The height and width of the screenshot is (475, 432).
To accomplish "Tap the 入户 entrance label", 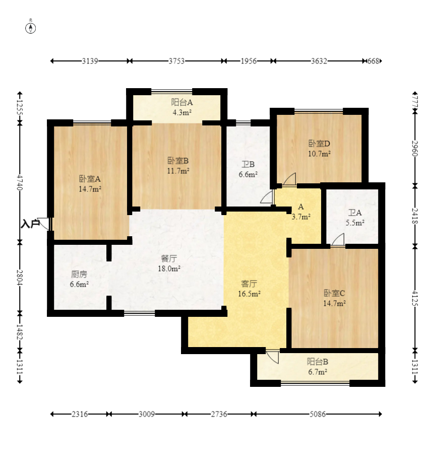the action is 30,224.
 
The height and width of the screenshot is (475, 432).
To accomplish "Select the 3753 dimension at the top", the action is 176,61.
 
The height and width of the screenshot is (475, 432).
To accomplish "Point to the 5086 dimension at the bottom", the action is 318,414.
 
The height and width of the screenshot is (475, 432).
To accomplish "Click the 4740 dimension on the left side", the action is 20,182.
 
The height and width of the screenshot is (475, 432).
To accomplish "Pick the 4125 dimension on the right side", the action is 415,298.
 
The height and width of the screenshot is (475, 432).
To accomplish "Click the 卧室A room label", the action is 90,179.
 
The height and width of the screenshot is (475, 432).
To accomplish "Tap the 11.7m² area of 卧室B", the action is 178,171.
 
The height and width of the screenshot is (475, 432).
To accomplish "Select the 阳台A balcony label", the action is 182,102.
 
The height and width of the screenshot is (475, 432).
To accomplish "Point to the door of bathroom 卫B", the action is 267,197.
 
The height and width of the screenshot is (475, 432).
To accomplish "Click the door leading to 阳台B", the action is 273,357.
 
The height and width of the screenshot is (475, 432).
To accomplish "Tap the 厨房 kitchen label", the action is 79,274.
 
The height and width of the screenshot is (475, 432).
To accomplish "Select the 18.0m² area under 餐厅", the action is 169,268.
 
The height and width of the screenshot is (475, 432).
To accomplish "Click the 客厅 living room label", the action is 249,284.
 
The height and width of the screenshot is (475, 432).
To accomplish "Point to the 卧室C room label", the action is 334,293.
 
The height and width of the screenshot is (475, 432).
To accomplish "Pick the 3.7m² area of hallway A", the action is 301,217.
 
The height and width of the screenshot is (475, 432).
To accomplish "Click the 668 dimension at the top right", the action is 373,61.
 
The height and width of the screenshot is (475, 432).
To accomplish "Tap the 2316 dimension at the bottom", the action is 80,414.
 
